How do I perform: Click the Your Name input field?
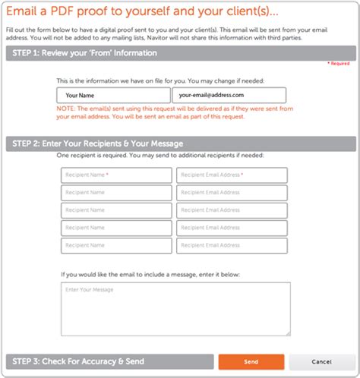[x=113, y=96]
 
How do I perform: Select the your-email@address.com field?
[x=229, y=96]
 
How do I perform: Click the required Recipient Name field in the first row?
[x=116, y=175]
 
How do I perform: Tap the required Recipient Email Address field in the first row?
[x=232, y=175]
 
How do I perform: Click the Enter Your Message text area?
[x=175, y=309]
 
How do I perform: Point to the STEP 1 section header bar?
[x=180, y=53]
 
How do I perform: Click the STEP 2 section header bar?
[x=180, y=143]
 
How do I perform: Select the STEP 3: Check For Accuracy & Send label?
[x=76, y=361]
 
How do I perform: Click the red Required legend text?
[x=339, y=64]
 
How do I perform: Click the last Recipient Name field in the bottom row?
[x=116, y=245]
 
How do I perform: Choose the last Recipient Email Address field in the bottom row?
[x=232, y=245]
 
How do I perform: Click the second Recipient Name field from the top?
[x=116, y=193]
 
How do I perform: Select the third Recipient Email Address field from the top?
[x=232, y=210]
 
